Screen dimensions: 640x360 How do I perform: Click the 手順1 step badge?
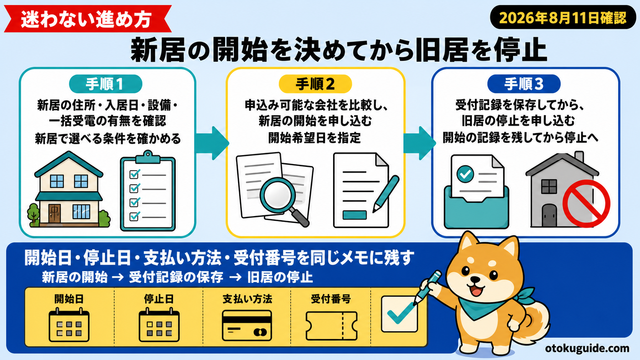pyautogui.click(x=106, y=84)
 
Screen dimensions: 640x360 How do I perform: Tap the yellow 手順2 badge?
pyautogui.click(x=315, y=84)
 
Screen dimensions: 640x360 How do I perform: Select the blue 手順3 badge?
pyautogui.click(x=524, y=84)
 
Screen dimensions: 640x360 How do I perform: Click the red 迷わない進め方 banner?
pyautogui.click(x=87, y=19)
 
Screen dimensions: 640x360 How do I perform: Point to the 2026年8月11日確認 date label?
pyautogui.click(x=563, y=18)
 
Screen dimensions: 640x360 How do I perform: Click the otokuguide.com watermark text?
pyautogui.click(x=587, y=348)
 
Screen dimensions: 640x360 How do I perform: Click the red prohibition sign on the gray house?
pyautogui.click(x=586, y=204)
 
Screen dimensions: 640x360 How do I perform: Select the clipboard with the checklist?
pyautogui.click(x=148, y=191)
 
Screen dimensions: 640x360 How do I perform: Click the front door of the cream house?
pyautogui.click(x=54, y=213)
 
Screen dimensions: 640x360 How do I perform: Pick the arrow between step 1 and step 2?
pyautogui.click(x=212, y=143)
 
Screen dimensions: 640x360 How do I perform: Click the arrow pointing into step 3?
pyautogui.click(x=420, y=143)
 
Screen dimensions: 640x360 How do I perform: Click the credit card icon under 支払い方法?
pyautogui.click(x=247, y=326)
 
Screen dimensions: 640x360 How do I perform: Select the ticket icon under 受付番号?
pyautogui.click(x=331, y=326)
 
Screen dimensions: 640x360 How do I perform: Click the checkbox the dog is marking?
pyautogui.click(x=400, y=314)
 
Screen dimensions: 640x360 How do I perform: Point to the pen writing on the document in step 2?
pyautogui.click(x=386, y=194)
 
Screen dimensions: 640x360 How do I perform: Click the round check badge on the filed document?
pyautogui.click(x=465, y=174)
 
